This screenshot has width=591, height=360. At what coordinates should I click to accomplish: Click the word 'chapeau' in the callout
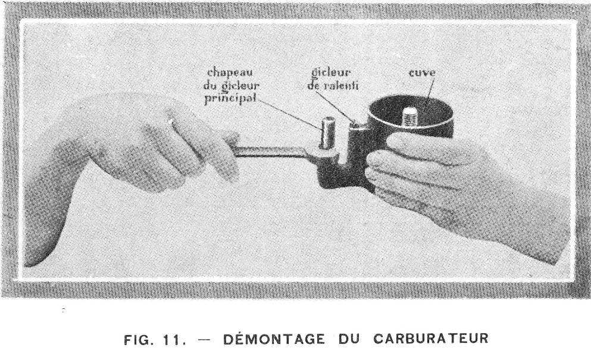tap(230, 73)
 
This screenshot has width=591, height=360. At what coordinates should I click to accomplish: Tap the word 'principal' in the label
tap(230, 98)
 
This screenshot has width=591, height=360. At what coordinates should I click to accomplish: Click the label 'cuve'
tap(422, 72)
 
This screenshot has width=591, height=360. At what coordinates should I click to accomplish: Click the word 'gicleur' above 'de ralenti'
tap(332, 73)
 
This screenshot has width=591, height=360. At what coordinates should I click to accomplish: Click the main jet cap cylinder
tap(327, 133)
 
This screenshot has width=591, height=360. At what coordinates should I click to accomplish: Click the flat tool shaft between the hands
tap(271, 153)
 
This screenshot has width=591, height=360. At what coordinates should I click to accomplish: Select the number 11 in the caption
tap(172, 340)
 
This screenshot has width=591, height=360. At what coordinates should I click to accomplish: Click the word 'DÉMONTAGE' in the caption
tap(274, 339)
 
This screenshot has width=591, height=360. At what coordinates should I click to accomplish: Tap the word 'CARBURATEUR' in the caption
tap(431, 339)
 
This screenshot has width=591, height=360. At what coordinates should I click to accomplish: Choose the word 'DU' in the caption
tap(349, 339)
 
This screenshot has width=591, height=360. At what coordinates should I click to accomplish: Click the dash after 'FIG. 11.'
tap(204, 340)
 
